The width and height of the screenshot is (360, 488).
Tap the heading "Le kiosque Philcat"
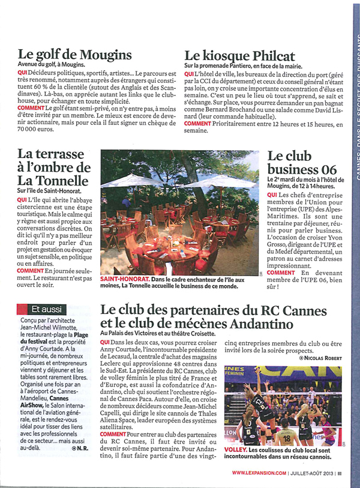[x=238, y=55]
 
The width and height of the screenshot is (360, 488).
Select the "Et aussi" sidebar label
[x=47, y=309]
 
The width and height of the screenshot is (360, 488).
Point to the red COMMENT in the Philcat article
[x=197, y=124]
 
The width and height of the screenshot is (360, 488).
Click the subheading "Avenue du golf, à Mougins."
[x=52, y=64]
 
